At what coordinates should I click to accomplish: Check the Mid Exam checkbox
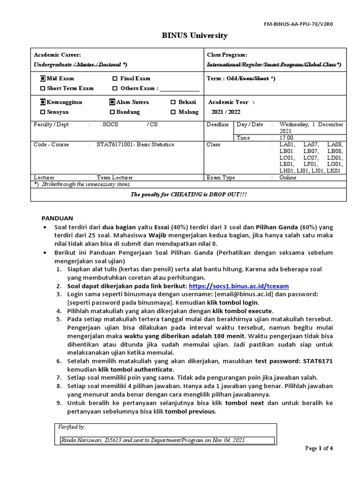click(x=43, y=79)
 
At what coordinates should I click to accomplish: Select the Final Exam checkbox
click(x=115, y=79)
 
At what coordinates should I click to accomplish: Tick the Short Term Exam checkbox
click(x=43, y=88)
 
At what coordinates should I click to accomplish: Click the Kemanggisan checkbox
click(x=43, y=102)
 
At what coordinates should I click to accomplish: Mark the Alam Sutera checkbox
click(x=112, y=102)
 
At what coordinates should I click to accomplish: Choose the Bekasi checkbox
click(x=173, y=102)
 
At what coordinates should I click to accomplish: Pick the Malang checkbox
click(x=173, y=112)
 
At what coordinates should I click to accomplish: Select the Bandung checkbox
click(x=112, y=112)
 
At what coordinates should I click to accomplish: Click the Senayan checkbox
click(x=43, y=112)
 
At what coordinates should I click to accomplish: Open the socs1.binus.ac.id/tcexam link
click(x=239, y=285)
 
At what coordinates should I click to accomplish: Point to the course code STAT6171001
click(x=115, y=144)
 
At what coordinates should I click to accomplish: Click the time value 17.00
click(x=286, y=138)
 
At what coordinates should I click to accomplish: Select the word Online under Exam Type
click(x=288, y=178)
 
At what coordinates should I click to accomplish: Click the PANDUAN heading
click(x=58, y=218)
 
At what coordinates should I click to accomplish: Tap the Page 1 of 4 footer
click(x=319, y=448)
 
